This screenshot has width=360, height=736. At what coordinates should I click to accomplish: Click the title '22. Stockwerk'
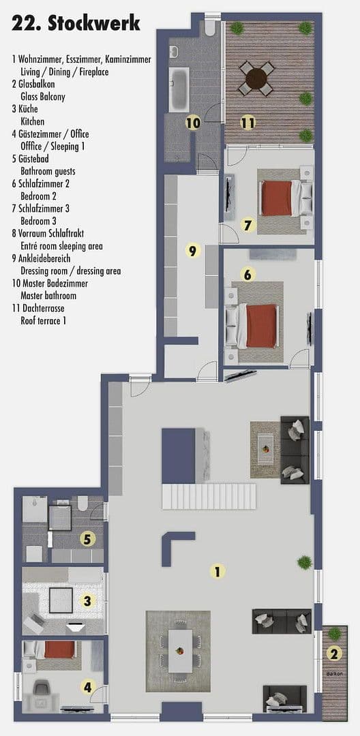pos(76,24)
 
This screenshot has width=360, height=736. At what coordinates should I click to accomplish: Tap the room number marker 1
pos(217,572)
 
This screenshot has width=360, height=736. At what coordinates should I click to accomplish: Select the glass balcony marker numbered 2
pos(333,654)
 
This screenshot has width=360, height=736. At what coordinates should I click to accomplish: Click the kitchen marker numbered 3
pos(87,600)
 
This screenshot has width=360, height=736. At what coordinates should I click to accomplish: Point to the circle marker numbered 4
pos(87,687)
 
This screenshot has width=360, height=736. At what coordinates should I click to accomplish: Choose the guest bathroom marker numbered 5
pos(87,539)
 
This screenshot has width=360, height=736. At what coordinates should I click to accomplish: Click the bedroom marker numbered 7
pos(248,224)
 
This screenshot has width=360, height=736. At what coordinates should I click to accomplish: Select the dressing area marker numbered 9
pos(192,251)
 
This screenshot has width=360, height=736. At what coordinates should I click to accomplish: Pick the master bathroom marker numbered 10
pos(193,123)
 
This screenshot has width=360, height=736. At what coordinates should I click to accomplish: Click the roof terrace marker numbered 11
pos(248,123)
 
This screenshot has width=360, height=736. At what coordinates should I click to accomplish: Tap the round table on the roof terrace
pos(257,78)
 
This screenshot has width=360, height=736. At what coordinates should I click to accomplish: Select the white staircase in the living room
pos(209,495)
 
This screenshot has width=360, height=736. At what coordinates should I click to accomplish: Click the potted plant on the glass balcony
pos(334,634)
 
